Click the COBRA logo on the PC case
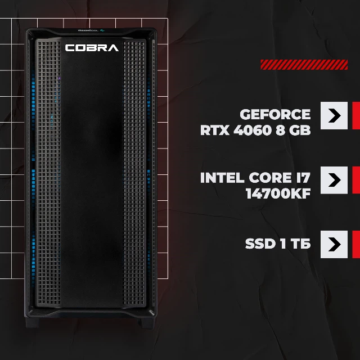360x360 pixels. point(92,48)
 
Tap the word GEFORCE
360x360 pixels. point(275,114)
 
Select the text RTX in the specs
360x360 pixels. point(215,130)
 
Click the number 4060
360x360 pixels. point(253,130)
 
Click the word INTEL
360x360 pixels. point(222,178)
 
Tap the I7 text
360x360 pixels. point(303,178)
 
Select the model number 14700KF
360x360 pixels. point(278,193)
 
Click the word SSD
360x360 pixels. point(260,244)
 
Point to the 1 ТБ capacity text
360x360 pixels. point(295,244)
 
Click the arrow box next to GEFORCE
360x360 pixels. point(334,115)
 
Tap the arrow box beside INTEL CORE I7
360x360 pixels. point(334,180)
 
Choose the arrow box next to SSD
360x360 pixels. point(334,244)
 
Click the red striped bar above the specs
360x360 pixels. point(304,65)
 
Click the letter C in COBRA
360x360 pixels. point(70,48)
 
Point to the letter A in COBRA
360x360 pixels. point(113,48)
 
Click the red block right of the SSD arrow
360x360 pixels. point(356,244)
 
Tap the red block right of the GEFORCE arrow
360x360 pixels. point(356,115)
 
